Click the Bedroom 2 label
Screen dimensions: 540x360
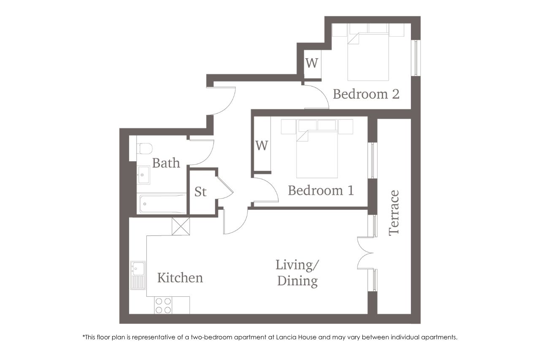[x=366, y=94]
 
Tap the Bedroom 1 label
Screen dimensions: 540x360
[x=321, y=190]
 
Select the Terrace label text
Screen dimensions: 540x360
[x=394, y=213]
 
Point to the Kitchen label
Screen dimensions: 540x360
[x=180, y=278]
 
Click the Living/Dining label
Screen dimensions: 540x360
[x=297, y=273]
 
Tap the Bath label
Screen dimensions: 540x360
[x=166, y=163]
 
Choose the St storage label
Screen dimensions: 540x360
[x=200, y=192]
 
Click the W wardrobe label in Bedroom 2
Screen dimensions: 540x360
[x=312, y=63]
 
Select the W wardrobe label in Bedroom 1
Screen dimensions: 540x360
[x=262, y=146]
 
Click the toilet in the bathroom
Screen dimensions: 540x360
[x=144, y=148]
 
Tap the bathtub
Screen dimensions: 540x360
[x=163, y=204]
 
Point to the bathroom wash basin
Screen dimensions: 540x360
[x=143, y=175]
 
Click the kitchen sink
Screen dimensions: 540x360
[x=138, y=275]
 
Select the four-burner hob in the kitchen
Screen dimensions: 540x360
[x=163, y=305]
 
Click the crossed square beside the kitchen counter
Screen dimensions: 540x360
[x=181, y=226]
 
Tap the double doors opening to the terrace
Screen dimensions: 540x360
[x=365, y=253]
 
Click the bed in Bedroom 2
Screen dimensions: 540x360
[x=368, y=57]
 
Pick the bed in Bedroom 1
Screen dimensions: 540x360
[x=317, y=154]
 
